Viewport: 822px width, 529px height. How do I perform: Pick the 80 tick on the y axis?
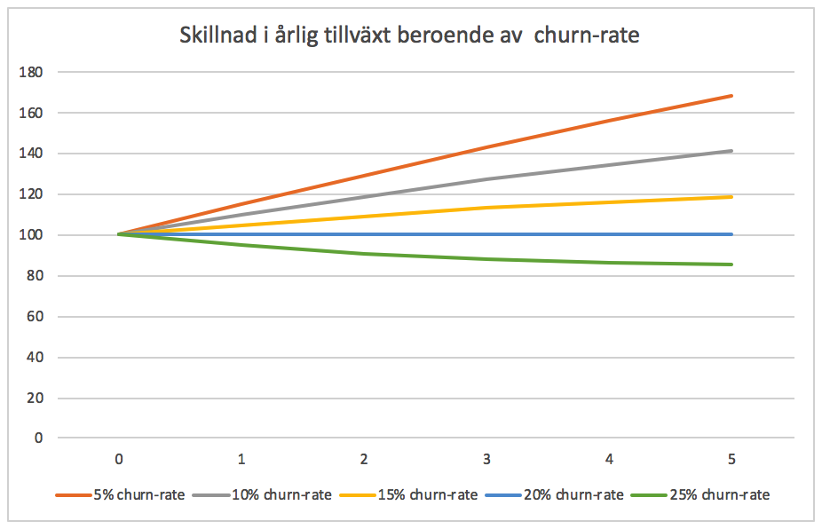click(35, 276)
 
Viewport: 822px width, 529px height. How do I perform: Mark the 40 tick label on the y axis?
click(35, 358)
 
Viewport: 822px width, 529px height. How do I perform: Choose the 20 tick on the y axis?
click(35, 399)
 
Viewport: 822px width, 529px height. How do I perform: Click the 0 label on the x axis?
click(119, 460)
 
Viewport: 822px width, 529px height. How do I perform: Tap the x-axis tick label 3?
click(486, 460)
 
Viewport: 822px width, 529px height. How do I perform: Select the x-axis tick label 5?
click(731, 460)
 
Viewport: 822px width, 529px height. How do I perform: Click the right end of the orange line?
click(731, 96)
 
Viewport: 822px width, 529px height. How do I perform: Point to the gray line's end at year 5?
click(731, 151)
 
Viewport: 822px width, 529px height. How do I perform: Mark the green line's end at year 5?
click(731, 264)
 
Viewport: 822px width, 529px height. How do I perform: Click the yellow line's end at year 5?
click(731, 197)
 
